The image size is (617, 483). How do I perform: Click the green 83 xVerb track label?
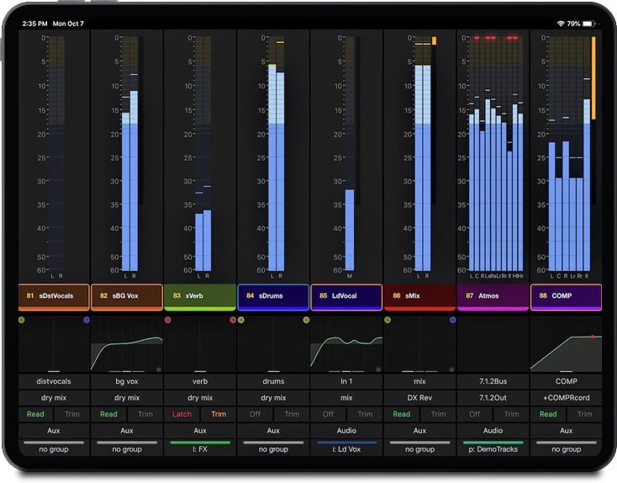[x=200, y=296]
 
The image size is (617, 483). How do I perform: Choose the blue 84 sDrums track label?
[x=273, y=296]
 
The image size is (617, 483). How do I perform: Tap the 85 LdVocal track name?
[x=346, y=296]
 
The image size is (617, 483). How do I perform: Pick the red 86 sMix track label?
[x=419, y=296]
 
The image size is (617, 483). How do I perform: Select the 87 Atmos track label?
[x=493, y=296]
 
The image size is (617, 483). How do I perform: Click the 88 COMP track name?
[x=566, y=296]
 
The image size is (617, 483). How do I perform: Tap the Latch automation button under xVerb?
[x=182, y=414]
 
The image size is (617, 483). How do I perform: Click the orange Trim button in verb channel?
[x=219, y=414]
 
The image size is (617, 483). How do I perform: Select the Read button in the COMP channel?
[x=548, y=414]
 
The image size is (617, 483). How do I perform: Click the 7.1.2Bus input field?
[x=493, y=381]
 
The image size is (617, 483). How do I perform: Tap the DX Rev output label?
[x=419, y=398]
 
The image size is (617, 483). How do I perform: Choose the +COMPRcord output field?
[x=566, y=398]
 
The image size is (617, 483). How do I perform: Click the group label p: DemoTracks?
[x=493, y=449]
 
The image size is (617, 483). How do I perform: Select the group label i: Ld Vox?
[x=346, y=449]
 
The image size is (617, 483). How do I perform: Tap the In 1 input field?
[x=346, y=381]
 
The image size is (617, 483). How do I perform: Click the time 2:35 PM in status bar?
[x=34, y=24]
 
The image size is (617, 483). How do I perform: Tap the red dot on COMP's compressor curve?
[x=592, y=337]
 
